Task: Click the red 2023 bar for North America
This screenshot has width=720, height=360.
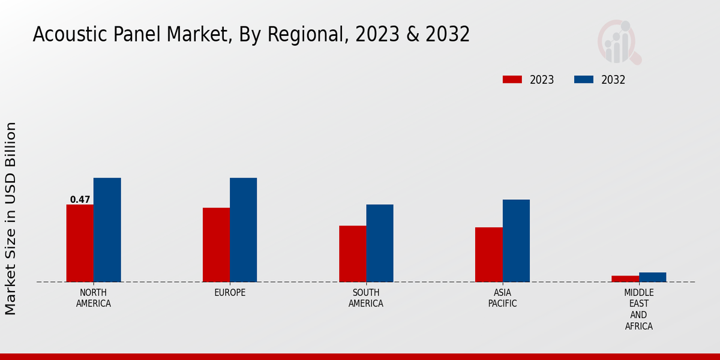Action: tap(80, 243)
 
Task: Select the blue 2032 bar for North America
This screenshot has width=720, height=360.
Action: tap(107, 230)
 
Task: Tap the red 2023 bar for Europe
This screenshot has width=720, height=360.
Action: tap(216, 245)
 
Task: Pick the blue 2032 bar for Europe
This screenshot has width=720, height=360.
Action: tap(243, 230)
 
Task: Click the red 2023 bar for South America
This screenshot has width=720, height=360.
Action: tap(352, 254)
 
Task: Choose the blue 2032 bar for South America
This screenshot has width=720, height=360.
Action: tap(380, 243)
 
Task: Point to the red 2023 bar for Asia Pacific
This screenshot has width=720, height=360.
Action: tap(488, 254)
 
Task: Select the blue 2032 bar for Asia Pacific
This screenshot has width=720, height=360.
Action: tap(516, 241)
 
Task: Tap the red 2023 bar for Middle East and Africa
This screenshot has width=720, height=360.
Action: tap(625, 278)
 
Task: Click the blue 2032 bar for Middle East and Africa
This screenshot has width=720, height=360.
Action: tap(652, 277)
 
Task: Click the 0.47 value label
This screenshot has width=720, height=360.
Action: tap(80, 200)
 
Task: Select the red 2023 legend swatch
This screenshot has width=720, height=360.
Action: tap(512, 79)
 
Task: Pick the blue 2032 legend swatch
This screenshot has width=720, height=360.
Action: tap(584, 79)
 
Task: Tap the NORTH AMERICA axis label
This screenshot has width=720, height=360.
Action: tap(93, 298)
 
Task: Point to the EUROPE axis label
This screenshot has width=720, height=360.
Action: tap(230, 293)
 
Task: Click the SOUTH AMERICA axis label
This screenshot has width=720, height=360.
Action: tap(366, 298)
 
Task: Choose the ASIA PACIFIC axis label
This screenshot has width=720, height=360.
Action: tap(502, 298)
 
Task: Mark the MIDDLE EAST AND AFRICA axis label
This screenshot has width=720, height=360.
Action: tap(638, 309)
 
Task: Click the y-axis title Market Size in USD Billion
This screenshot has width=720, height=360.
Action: tap(11, 218)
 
